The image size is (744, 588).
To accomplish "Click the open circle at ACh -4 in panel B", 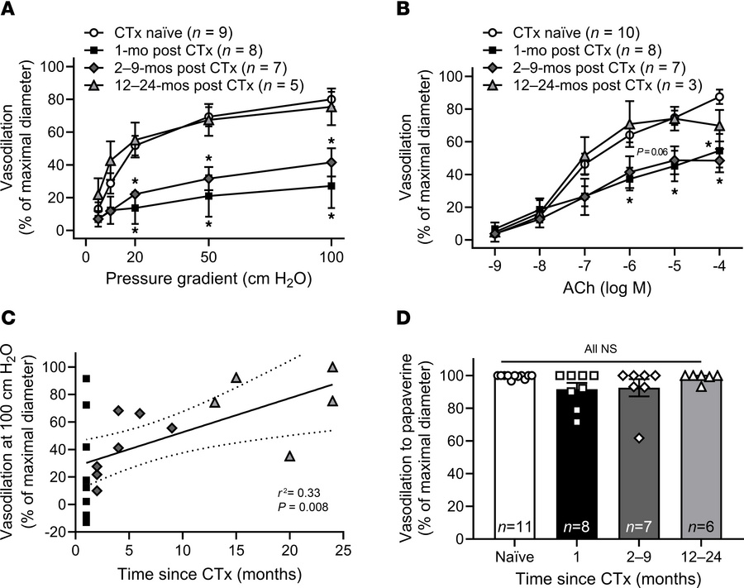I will pos(719,98).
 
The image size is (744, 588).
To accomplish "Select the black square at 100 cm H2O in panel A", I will pos(331,186).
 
